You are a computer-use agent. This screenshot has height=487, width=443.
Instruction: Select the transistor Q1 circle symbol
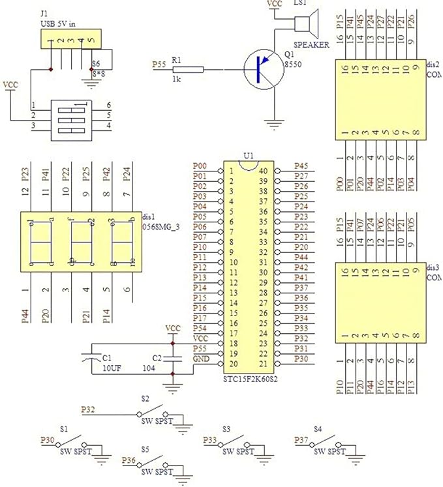(x=262, y=70)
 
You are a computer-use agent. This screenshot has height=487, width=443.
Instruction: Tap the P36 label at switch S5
(x=129, y=460)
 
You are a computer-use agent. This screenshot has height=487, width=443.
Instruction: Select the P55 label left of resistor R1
(x=159, y=65)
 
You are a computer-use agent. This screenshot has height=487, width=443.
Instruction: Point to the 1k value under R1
(x=176, y=79)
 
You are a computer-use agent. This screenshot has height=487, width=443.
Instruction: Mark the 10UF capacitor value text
(x=112, y=368)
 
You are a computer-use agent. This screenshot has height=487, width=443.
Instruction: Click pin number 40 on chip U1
(x=263, y=171)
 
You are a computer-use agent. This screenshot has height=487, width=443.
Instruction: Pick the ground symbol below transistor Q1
(x=274, y=121)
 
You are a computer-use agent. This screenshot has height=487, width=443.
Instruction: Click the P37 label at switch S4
(x=302, y=439)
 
